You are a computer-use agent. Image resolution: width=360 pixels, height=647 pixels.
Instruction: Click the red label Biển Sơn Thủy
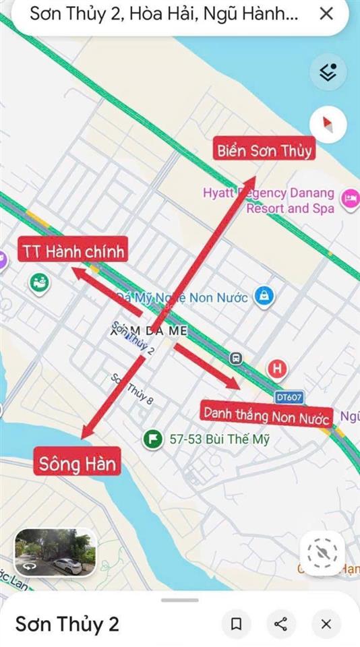(x=265, y=150)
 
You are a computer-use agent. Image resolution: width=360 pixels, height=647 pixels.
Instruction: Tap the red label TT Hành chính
(x=73, y=251)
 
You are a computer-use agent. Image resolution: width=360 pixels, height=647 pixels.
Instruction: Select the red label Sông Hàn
(x=78, y=464)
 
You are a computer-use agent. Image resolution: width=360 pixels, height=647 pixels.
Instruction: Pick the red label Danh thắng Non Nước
(x=266, y=412)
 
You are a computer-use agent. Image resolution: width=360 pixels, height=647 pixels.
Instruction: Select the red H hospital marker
(x=277, y=369)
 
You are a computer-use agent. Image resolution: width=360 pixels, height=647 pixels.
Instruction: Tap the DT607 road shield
(x=289, y=398)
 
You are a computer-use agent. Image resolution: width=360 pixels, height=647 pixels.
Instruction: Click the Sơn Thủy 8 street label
(x=132, y=390)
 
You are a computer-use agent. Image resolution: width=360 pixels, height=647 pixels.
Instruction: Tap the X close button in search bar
(x=326, y=13)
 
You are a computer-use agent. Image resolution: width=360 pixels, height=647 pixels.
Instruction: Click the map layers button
(x=328, y=72)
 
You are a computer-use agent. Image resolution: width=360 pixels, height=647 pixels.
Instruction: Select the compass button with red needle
(x=328, y=125)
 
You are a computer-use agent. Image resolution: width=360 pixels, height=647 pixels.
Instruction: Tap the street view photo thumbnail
(x=55, y=551)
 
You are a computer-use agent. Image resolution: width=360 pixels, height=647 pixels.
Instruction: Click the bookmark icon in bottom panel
(x=237, y=624)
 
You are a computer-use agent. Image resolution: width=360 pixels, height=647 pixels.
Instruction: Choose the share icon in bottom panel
(x=281, y=624)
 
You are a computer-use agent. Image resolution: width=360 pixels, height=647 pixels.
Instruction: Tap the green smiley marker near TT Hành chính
(x=39, y=282)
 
